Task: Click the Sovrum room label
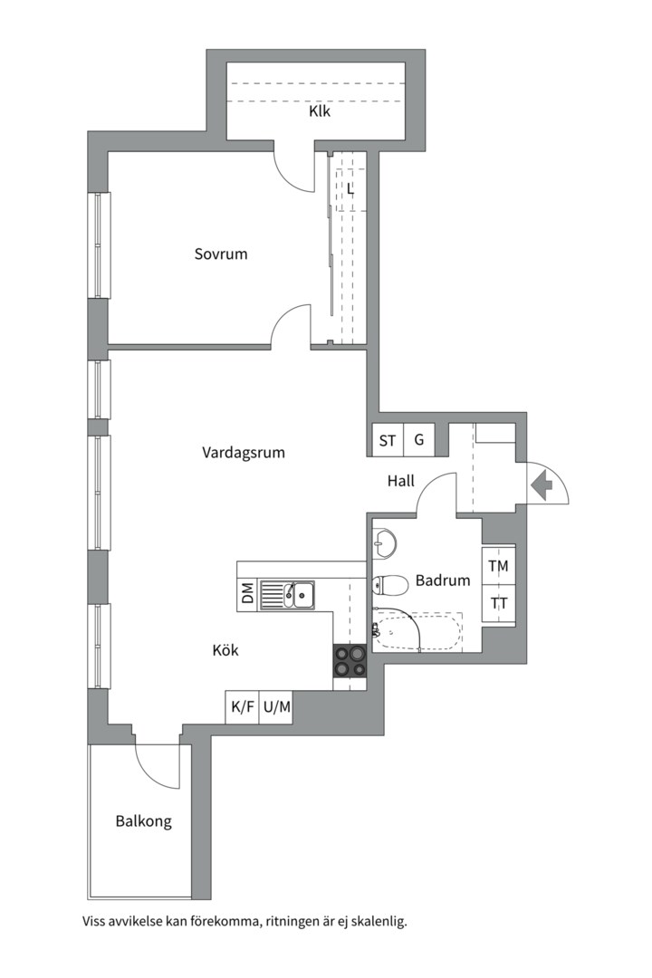[x=221, y=254]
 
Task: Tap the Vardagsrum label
[x=244, y=452]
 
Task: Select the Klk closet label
[x=320, y=112]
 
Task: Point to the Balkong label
[x=143, y=821]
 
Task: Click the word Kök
[x=225, y=650]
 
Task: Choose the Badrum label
[x=443, y=580]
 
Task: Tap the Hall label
[x=400, y=481]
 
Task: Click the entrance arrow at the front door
[x=542, y=483]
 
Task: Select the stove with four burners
[x=350, y=660]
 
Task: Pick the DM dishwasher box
[x=248, y=593]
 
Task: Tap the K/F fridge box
[x=243, y=707]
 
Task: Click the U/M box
[x=276, y=707]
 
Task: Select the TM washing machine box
[x=499, y=566]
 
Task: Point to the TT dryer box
[x=499, y=604]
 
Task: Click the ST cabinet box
[x=388, y=440]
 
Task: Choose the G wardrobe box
[x=419, y=440]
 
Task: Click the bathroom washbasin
[x=383, y=542]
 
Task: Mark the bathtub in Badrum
[x=418, y=632]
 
